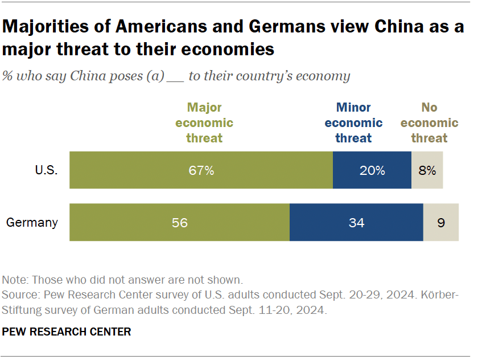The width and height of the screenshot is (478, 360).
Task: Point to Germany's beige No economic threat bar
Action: coord(450,222)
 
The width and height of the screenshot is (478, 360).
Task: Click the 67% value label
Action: coord(201,170)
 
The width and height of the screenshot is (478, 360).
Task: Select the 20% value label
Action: coord(372,170)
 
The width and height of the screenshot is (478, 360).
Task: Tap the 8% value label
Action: coord(427,170)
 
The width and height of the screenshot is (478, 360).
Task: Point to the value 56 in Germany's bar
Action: coord(180,223)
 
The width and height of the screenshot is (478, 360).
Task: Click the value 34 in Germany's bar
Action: coord(356,223)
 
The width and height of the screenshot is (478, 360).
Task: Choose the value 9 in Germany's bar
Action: coord(441,223)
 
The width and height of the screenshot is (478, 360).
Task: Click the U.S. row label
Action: coord(46,170)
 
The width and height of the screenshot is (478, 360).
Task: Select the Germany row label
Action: coord(32,223)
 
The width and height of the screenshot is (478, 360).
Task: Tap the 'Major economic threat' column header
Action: coord(204,122)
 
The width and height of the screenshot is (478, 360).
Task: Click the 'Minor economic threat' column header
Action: coord(353,122)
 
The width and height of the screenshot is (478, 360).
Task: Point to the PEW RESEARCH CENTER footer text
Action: coord(67,332)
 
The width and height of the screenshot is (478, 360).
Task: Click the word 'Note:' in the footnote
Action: coord(15,280)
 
